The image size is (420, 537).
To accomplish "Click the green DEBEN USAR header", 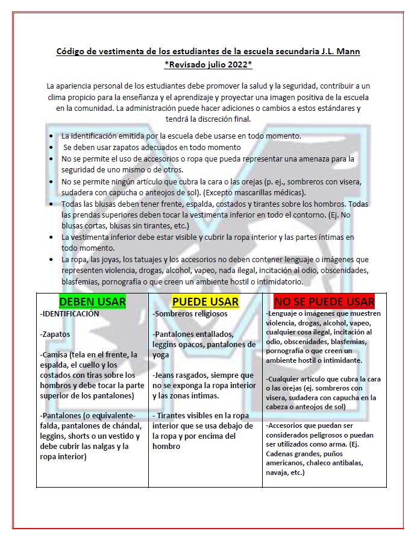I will point(92,301).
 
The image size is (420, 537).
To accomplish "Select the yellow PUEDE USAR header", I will point(205,301).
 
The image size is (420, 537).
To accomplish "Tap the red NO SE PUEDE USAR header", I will point(324,301).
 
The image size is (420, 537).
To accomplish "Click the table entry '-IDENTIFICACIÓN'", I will point(69,314).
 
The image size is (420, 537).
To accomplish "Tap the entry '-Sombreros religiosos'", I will point(190,314).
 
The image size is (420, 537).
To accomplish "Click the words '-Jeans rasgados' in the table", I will point(181,375).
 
